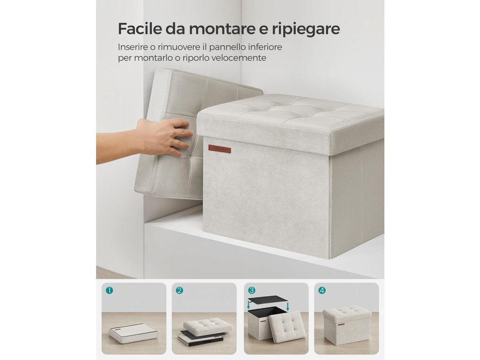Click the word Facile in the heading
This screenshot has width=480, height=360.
coord(140,29)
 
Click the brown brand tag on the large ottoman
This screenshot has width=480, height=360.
coord(220,149)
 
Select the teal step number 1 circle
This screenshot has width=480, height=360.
coord(109,290)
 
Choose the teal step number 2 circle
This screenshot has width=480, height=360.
coord(180,290)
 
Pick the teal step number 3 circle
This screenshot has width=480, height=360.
coord(252,290)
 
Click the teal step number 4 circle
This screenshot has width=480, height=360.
coord(322,290)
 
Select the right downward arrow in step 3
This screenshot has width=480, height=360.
coord(288,307)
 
